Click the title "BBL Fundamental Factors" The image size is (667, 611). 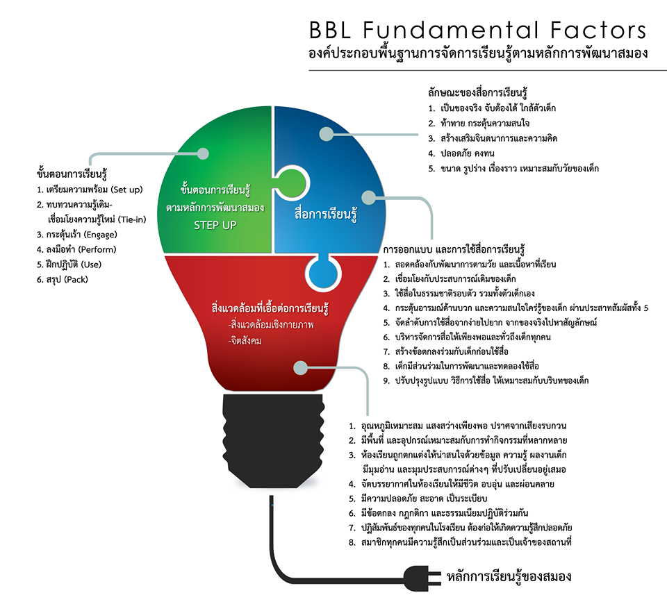click(x=478, y=31)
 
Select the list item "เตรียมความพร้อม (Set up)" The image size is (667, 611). click(x=90, y=190)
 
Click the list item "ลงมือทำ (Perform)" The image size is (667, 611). click(x=77, y=249)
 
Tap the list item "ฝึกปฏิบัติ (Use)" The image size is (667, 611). click(x=69, y=265)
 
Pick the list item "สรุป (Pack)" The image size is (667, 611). click(x=63, y=280)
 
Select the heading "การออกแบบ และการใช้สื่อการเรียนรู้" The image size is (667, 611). click(x=454, y=249)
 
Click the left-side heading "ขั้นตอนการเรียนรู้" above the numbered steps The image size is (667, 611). click(x=72, y=173)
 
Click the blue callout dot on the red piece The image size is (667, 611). click(x=300, y=367)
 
